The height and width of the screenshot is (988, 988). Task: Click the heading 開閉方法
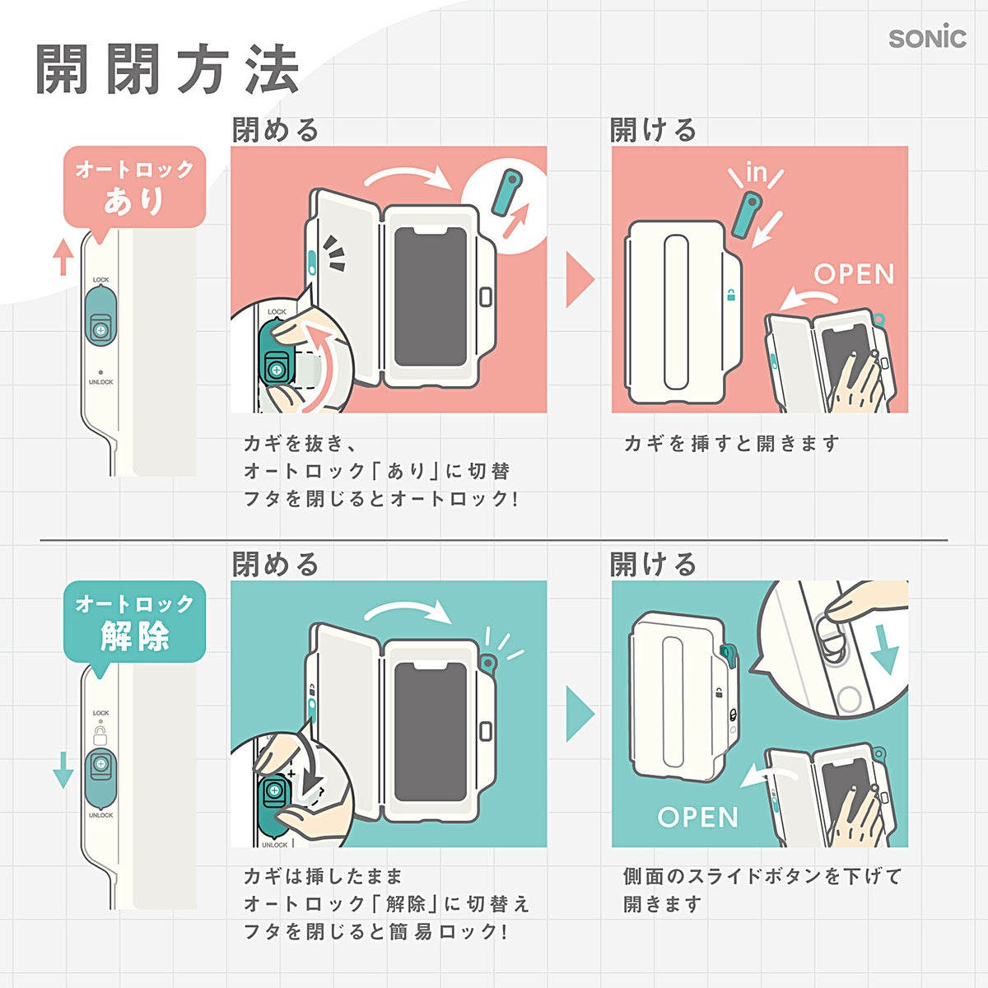click(x=167, y=69)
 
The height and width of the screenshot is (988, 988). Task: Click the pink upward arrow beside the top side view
click(x=63, y=257)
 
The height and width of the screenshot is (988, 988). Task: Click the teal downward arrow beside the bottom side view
click(x=63, y=770)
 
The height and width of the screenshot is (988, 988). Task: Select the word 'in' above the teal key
click(x=756, y=172)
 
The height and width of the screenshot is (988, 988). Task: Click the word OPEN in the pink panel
click(x=854, y=274)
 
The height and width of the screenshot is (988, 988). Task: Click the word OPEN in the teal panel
click(x=697, y=817)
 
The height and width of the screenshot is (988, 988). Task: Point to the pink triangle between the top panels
click(x=580, y=280)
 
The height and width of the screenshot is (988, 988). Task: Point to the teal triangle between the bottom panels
click(x=580, y=714)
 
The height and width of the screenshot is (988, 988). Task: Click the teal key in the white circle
click(x=506, y=192)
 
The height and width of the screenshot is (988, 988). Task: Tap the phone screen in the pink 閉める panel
click(x=431, y=297)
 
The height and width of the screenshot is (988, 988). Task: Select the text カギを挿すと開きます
click(x=732, y=444)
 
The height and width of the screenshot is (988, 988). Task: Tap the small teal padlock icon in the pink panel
click(x=731, y=295)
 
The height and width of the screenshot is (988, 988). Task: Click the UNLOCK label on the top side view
click(x=101, y=382)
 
